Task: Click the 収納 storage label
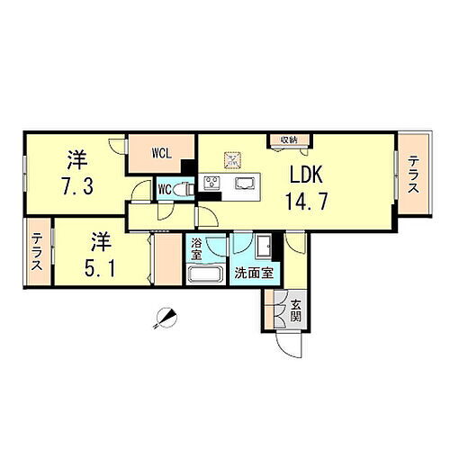(288, 139)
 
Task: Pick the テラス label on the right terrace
(413, 174)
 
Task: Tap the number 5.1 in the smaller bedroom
(101, 267)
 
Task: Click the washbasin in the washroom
(263, 247)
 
